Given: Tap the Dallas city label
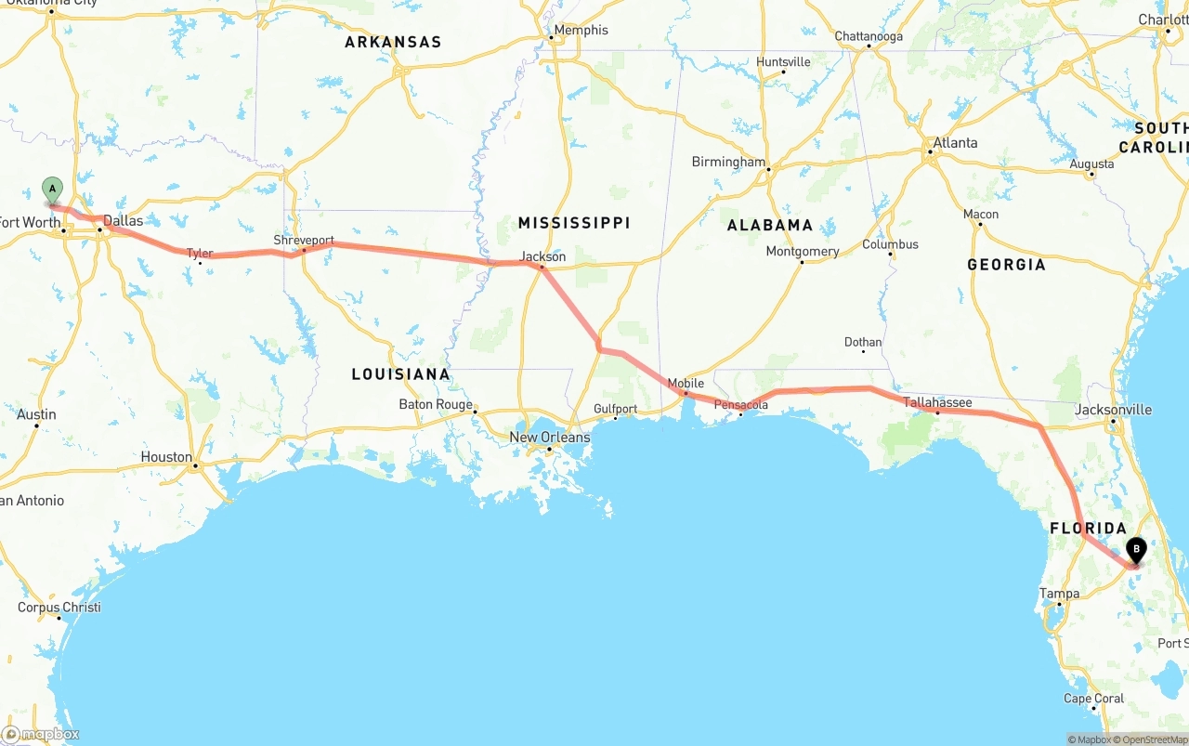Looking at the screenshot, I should [x=123, y=221].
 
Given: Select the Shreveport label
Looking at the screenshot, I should [x=303, y=240].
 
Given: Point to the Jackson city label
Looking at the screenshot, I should [x=542, y=256].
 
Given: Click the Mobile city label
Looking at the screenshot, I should [x=686, y=384].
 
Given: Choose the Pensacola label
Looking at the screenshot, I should [x=740, y=405].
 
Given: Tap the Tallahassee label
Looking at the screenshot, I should [x=937, y=402].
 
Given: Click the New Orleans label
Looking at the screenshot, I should [x=549, y=437].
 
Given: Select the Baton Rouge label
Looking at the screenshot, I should [x=436, y=404].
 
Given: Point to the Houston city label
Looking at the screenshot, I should [x=166, y=457].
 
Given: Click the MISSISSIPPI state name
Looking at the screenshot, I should [x=573, y=223].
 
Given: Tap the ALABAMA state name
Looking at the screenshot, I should [x=769, y=226].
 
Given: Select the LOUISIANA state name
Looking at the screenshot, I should [x=400, y=374].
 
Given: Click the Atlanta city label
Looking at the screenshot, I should [x=955, y=143].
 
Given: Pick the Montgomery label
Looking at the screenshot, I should [x=802, y=252].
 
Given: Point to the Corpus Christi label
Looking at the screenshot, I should [x=59, y=608].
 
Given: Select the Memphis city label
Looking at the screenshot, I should [x=581, y=30].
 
